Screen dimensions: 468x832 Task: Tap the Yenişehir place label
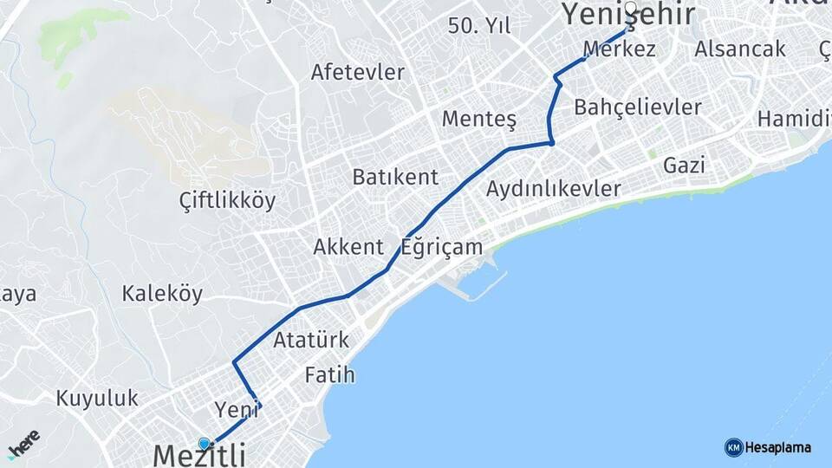628,15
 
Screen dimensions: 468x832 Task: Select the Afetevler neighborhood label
358,72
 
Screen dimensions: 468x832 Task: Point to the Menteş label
479,119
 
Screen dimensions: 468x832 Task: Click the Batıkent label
395,177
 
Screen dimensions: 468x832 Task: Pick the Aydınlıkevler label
554,188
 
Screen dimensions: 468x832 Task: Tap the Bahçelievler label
637,107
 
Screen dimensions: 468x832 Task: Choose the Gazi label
684,165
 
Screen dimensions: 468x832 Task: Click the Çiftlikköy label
227,201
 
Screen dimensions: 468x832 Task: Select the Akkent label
348,247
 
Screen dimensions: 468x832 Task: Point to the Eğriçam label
442,247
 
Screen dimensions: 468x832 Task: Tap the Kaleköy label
162,294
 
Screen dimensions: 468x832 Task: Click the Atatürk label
310,340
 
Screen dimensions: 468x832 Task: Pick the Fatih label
330,375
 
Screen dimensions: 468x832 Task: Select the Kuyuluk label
98,399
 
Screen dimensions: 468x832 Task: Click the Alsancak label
739,49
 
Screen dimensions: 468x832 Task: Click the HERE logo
23,443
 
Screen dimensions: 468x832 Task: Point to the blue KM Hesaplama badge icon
733,447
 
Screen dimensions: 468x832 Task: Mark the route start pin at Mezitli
205,444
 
